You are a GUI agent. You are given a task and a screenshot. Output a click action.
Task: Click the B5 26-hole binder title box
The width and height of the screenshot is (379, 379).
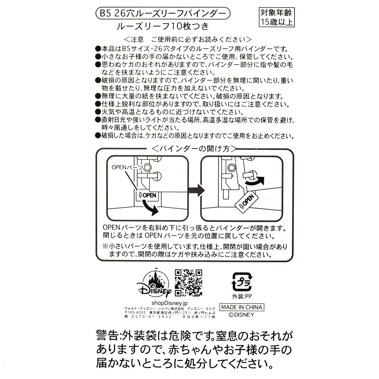[x=163, y=14]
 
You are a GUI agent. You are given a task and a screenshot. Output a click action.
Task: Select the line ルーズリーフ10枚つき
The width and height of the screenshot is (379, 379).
[x=163, y=27]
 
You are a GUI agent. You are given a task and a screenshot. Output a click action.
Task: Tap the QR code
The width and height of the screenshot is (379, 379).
[x=188, y=283]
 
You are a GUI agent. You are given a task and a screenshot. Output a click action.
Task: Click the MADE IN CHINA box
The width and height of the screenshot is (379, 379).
[x=242, y=307]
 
